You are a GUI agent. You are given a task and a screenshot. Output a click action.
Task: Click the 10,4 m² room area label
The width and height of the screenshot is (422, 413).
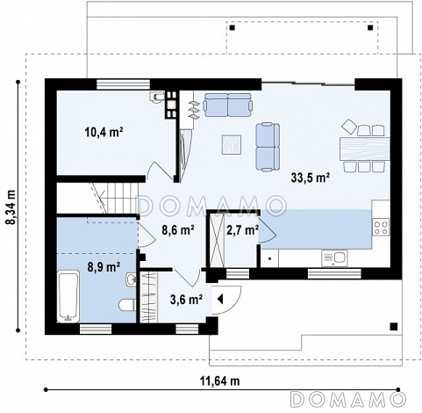(x=104, y=133)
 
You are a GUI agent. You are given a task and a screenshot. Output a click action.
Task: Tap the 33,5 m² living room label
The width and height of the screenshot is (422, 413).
(x=311, y=178)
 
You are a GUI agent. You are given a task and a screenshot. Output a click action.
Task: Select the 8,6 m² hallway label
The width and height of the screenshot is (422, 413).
(x=178, y=230)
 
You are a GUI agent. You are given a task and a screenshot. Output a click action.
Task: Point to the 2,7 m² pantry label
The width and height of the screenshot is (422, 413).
(x=242, y=230)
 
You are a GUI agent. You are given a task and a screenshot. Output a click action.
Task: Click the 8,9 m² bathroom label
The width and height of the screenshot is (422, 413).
(x=104, y=267)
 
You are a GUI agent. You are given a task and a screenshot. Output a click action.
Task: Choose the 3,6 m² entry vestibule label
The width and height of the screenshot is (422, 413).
(x=186, y=300)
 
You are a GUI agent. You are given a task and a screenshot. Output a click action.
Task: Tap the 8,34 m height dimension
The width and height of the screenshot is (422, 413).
(x=11, y=206)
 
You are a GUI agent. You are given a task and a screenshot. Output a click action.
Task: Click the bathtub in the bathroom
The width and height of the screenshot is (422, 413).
(x=68, y=296)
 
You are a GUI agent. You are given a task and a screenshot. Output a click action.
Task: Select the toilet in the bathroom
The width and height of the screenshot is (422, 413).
(x=127, y=305)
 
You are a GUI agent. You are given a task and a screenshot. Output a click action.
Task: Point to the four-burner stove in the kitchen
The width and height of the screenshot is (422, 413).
(x=381, y=228)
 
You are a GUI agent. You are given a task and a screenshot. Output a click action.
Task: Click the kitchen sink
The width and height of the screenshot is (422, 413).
(x=334, y=258)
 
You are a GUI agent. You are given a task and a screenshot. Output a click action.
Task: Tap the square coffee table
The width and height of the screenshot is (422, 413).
(x=232, y=144)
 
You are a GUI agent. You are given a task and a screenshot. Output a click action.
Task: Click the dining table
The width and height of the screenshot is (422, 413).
(x=365, y=149)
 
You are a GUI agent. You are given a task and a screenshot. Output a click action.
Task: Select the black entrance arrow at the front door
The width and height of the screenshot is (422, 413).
(x=220, y=300)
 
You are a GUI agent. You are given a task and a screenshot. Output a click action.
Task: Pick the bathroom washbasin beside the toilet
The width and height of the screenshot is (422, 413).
(x=132, y=279)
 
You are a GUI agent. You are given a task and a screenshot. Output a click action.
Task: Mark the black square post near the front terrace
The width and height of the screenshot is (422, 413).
(x=394, y=326)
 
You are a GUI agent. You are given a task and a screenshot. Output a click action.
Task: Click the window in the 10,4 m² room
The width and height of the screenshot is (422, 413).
(x=124, y=84)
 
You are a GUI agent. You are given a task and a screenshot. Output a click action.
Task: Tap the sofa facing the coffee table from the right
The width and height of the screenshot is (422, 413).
(x=268, y=147)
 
